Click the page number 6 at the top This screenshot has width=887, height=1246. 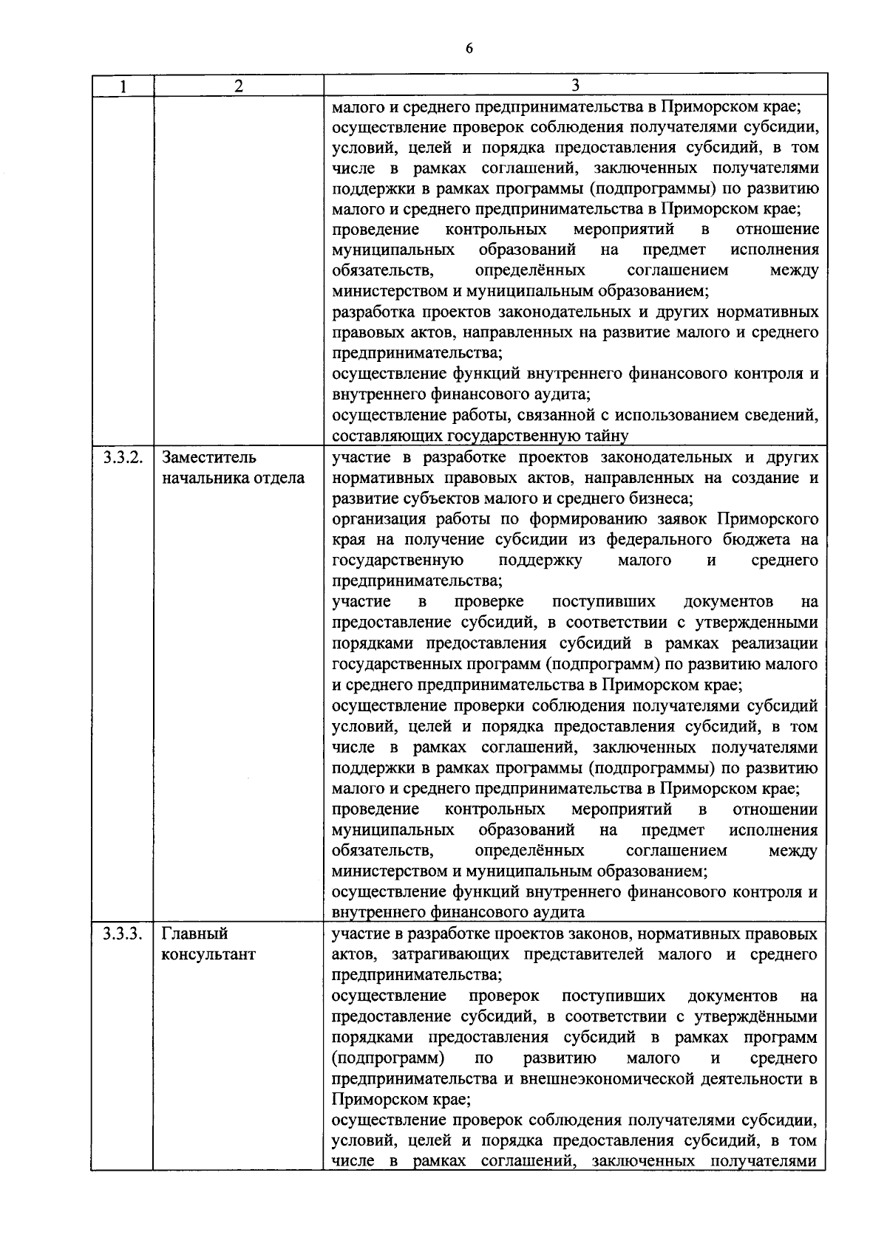tap(468, 49)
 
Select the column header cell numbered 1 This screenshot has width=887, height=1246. tap(123, 86)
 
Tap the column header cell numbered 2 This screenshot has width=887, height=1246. tap(238, 86)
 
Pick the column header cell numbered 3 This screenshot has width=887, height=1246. tap(575, 86)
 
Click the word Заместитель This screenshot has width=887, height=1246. tap(209, 457)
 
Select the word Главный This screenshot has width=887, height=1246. tap(194, 934)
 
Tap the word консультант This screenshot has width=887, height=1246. tap(208, 954)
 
